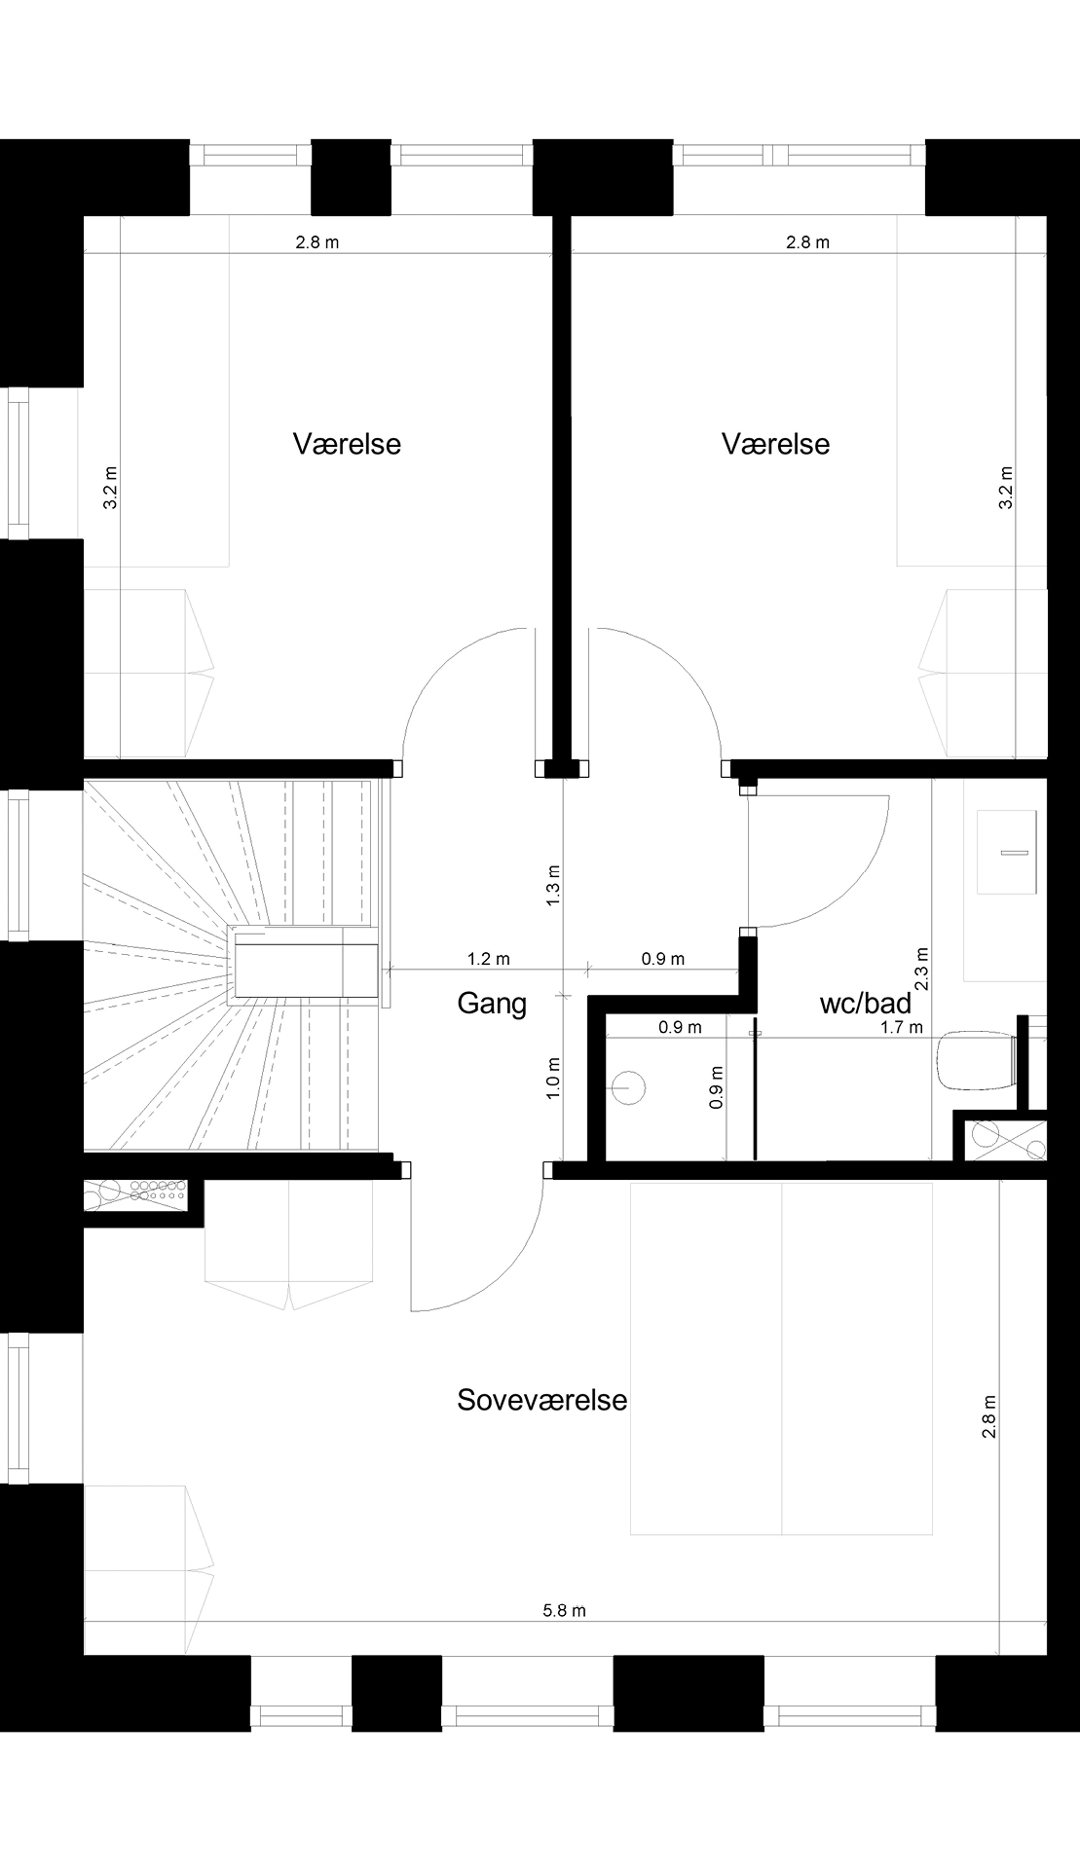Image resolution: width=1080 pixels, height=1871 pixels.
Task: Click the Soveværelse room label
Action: point(541,1400)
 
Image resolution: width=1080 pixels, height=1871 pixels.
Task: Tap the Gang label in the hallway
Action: point(492,1004)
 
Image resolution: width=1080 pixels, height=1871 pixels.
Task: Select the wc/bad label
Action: point(866,1003)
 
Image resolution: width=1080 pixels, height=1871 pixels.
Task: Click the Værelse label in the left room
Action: point(347,444)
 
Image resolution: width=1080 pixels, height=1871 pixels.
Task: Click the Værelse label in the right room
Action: point(775,444)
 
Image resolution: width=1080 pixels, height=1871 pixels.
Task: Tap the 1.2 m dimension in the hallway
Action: point(488,959)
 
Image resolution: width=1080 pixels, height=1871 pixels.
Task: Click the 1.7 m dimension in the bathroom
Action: point(901,1027)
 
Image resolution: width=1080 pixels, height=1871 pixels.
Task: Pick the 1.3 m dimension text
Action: point(553,885)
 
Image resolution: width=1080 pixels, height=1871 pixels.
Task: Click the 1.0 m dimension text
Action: point(553,1079)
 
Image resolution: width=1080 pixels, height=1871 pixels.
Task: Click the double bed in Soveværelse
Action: point(782,1359)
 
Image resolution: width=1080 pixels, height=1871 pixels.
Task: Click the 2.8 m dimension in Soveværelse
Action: point(989,1417)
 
